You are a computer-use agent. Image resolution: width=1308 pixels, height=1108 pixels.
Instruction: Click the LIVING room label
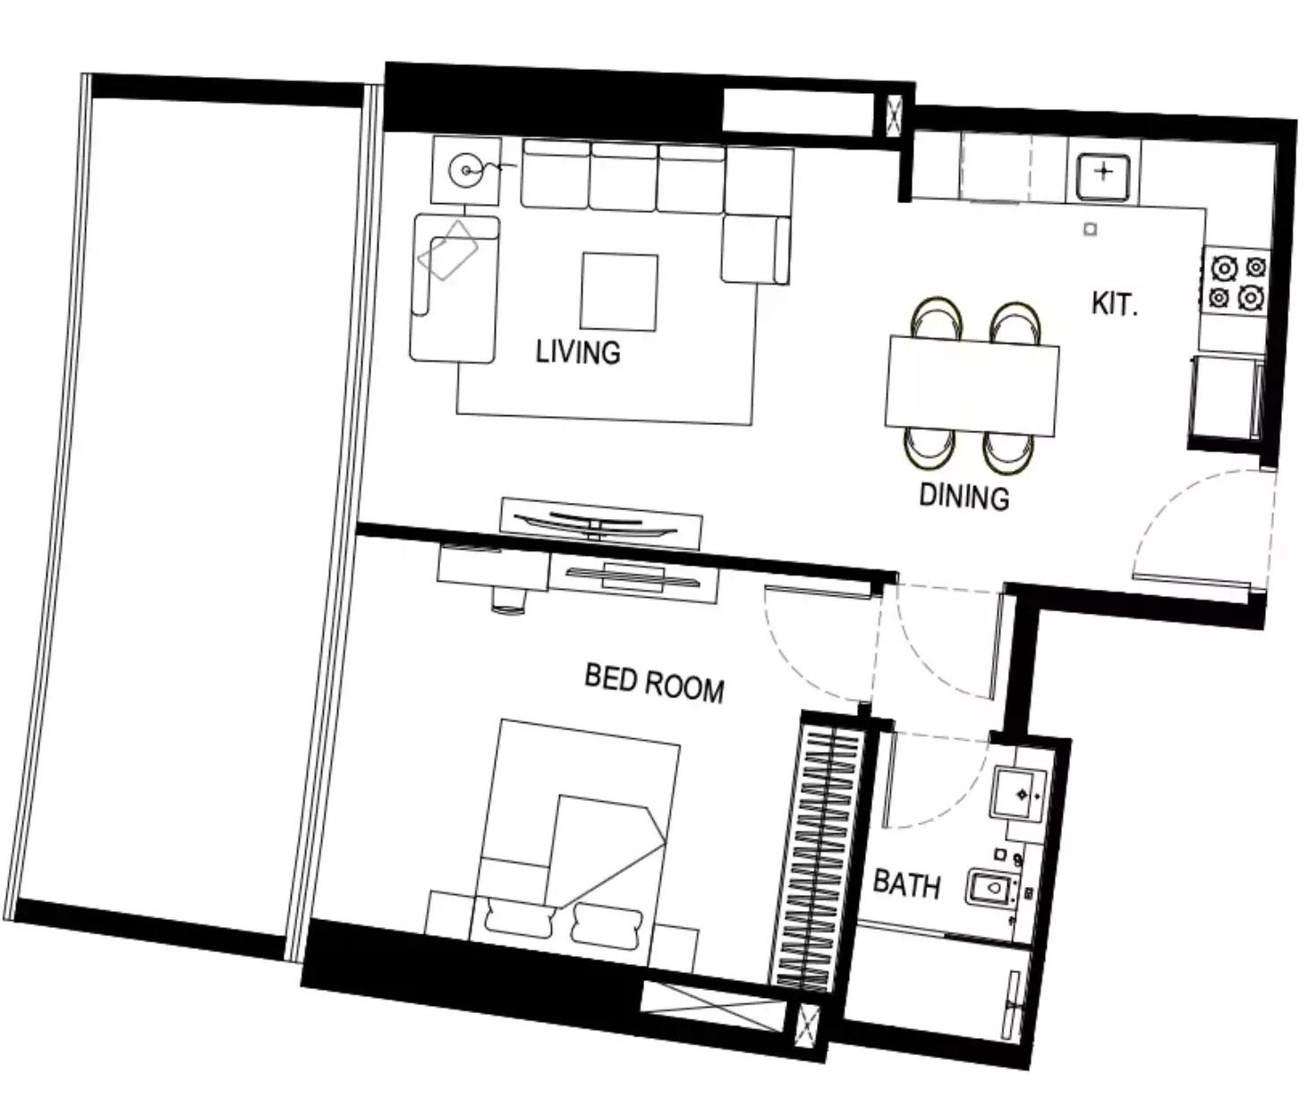click(578, 353)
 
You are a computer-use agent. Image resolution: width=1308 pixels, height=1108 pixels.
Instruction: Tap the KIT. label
click(1115, 304)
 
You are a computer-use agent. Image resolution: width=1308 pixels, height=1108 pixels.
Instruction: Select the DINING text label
click(964, 497)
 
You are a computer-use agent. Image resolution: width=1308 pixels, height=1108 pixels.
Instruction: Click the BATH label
click(906, 884)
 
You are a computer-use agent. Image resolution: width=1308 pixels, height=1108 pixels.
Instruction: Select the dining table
click(972, 386)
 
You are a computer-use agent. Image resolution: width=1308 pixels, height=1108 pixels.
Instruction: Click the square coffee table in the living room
click(619, 292)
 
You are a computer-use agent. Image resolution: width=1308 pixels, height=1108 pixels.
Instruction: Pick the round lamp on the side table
click(466, 170)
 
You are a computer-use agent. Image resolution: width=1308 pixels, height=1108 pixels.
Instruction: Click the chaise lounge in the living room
click(454, 288)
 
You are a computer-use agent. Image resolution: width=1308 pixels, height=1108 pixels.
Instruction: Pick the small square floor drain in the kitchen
click(1090, 229)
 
